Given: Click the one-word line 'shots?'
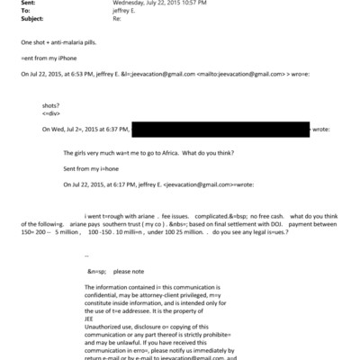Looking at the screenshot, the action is tap(52, 106).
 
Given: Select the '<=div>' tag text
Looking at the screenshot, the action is tap(51, 114).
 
